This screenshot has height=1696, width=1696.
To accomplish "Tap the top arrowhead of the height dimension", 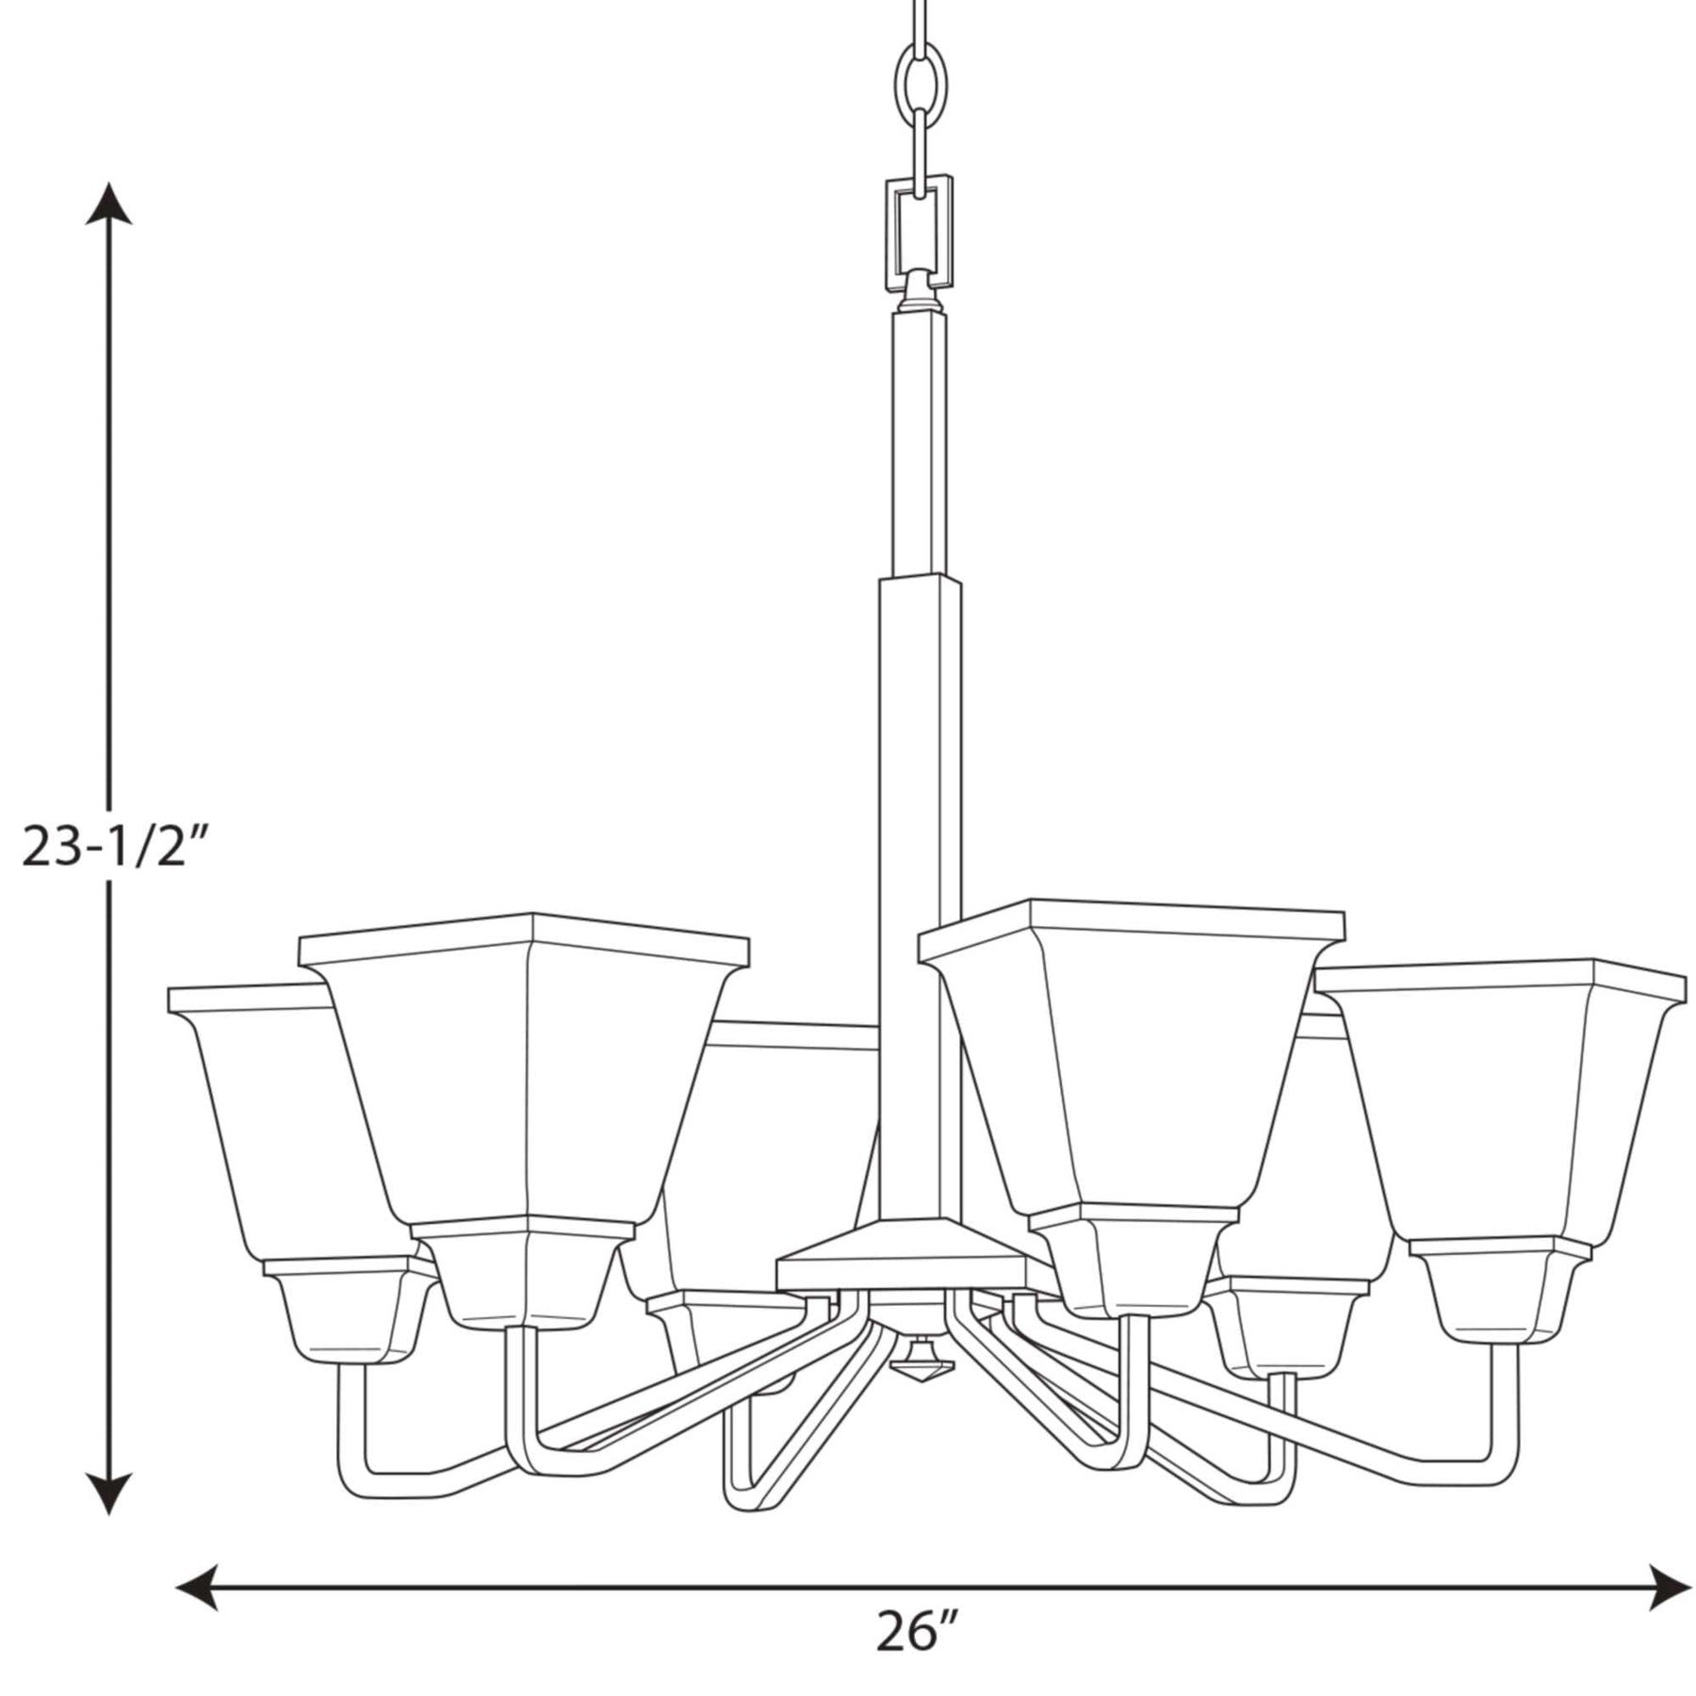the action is click(108, 204).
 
